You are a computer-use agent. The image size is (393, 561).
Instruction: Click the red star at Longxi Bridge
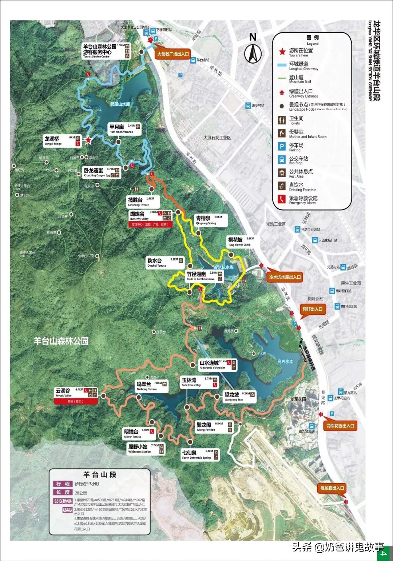88,140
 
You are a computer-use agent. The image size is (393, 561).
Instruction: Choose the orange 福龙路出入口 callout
332,488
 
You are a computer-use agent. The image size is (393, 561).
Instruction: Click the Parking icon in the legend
282,146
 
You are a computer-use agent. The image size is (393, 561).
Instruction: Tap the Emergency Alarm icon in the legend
282,199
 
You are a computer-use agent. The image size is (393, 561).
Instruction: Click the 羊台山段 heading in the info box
100,474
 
